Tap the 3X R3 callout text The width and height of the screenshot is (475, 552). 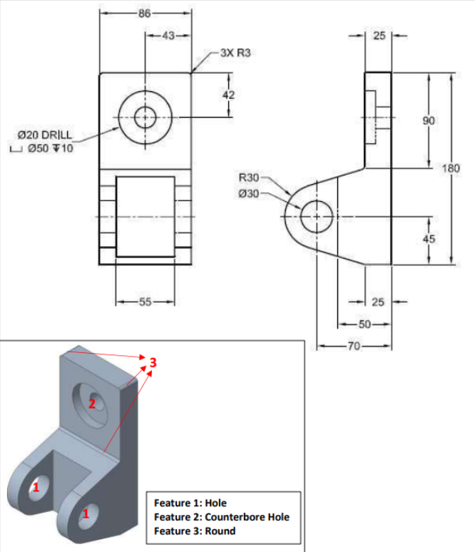tap(236, 53)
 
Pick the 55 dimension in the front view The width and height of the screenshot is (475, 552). tap(145, 302)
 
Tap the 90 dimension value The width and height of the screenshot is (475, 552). tap(428, 121)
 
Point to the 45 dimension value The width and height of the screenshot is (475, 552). tap(428, 240)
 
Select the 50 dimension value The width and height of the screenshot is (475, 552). tap(364, 324)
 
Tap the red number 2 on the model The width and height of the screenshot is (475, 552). tap(91, 404)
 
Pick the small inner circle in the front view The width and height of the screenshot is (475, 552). tap(145, 116)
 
